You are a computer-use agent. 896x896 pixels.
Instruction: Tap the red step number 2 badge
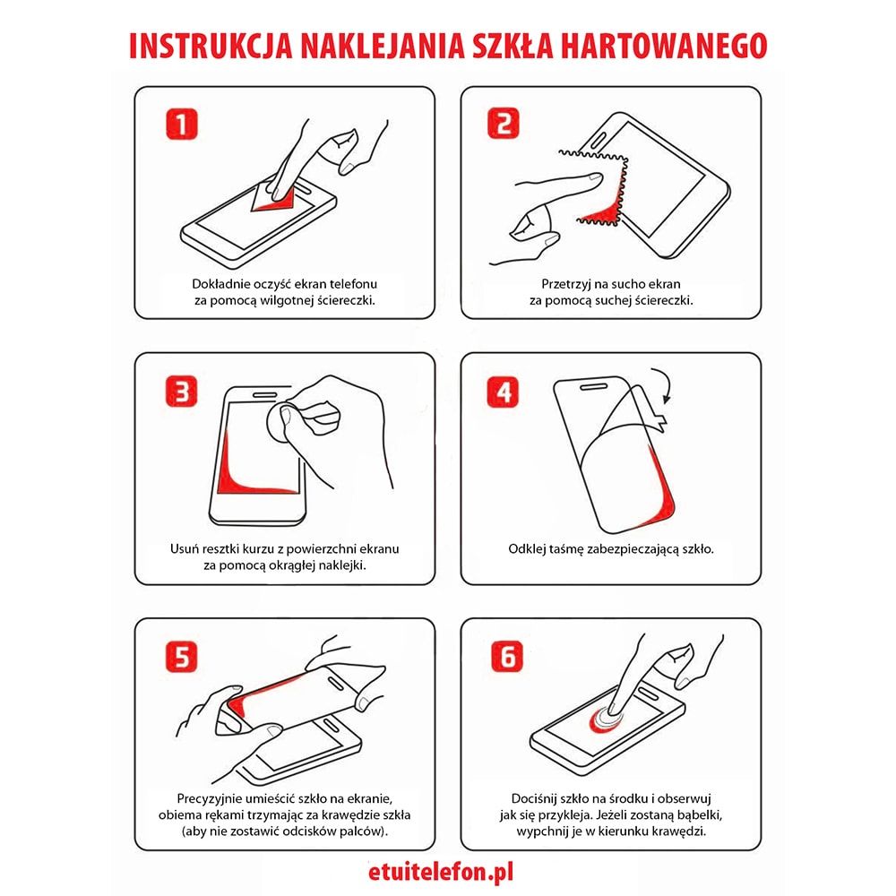pos(504,123)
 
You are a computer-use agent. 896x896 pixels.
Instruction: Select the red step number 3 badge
pos(182,391)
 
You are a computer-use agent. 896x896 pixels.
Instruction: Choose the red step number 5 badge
pos(182,657)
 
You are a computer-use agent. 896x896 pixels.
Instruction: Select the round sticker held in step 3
pos(287,418)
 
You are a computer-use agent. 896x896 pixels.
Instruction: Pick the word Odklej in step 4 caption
pos(528,548)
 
